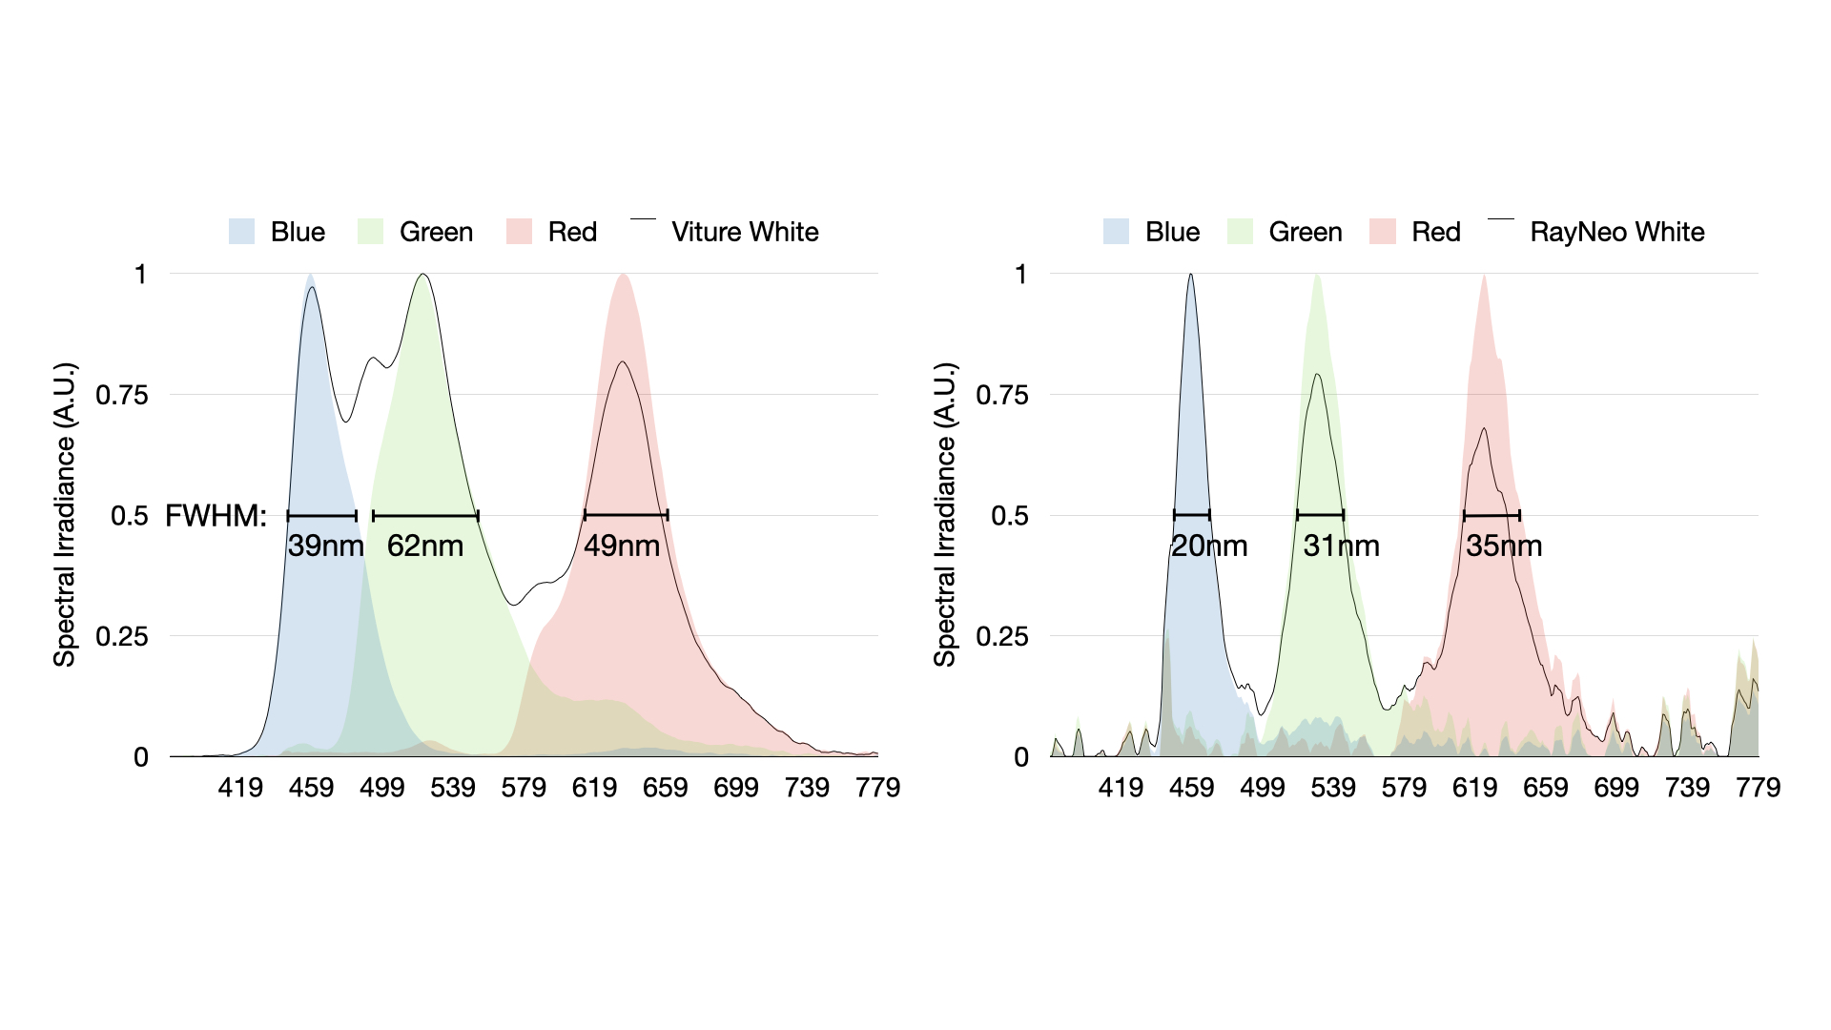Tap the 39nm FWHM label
click(325, 546)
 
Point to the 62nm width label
click(425, 546)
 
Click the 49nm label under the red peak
click(622, 546)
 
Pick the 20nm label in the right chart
click(1209, 546)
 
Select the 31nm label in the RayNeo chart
click(1341, 546)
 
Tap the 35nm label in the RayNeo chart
click(1504, 546)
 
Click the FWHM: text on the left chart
click(216, 516)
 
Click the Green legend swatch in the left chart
click(370, 232)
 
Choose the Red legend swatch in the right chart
click(1382, 232)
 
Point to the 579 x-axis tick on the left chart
click(524, 788)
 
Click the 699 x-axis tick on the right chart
click(1616, 788)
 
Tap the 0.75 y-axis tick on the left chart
click(122, 395)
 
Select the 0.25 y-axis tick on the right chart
click(1002, 636)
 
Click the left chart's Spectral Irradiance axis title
click(64, 515)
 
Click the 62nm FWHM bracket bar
click(425, 516)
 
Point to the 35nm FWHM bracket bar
click(1492, 516)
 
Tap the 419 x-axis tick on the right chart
click(1121, 788)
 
